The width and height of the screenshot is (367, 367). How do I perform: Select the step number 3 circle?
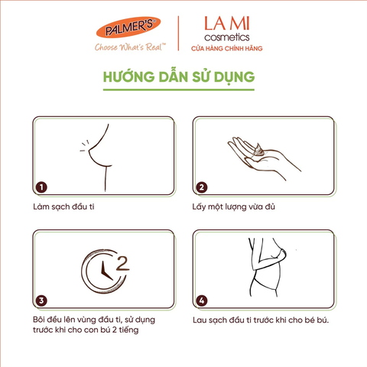[42, 300]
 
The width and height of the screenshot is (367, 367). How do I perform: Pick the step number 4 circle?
[202, 300]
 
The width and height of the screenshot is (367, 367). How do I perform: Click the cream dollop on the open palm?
[258, 150]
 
